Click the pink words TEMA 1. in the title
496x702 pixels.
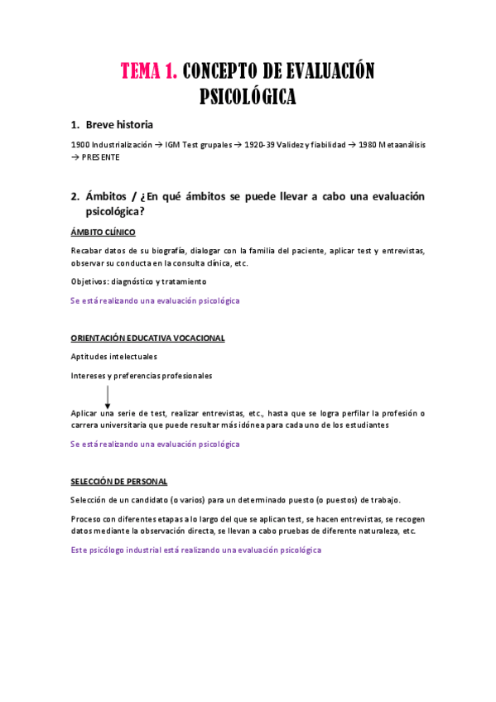coord(149,71)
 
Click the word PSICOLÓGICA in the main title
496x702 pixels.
coord(248,97)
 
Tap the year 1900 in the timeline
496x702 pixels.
coord(80,145)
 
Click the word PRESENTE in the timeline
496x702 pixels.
coord(101,156)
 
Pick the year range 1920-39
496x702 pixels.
coord(260,145)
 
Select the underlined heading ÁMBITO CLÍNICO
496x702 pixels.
coord(103,232)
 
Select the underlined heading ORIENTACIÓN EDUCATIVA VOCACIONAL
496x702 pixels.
coord(147,339)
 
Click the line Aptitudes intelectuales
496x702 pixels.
coord(114,357)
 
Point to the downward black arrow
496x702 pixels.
coord(108,395)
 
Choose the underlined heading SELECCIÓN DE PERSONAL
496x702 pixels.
coord(118,481)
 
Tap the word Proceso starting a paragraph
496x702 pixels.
coord(87,519)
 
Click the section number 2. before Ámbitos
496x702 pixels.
coord(75,196)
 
